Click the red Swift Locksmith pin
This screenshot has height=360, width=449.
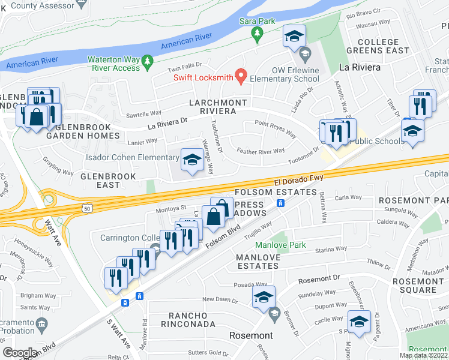click(241, 76)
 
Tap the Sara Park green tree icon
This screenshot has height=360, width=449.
click(258, 32)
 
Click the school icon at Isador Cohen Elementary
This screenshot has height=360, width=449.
click(192, 160)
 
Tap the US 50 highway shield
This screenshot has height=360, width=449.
click(88, 208)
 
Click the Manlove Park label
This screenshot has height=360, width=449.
click(280, 245)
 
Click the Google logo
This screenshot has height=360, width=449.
click(20, 353)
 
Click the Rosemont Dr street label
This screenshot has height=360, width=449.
click(319, 279)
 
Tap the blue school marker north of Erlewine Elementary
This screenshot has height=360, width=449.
click(294, 37)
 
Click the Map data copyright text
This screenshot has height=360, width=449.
click(424, 355)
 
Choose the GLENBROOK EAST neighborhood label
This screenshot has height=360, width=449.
click(108, 181)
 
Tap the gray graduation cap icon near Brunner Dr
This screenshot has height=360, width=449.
click(275, 313)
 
